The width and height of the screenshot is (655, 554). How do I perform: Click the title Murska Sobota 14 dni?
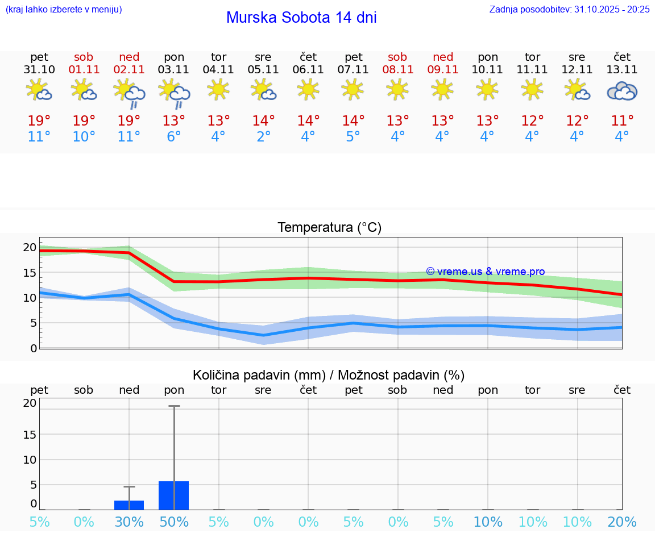[x=301, y=18]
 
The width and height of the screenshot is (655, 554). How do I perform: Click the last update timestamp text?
[x=569, y=10]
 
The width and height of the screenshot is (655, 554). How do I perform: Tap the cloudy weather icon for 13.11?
[x=622, y=91]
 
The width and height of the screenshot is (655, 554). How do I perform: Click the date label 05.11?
[x=263, y=70]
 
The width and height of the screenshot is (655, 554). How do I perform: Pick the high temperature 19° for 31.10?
[x=39, y=121]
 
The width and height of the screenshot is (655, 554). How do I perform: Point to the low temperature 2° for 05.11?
[x=263, y=137]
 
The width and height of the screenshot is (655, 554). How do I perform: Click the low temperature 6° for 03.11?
[x=174, y=137]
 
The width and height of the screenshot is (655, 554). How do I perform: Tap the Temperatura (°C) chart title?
[x=329, y=228]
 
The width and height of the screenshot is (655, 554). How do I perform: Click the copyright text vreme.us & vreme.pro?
[x=486, y=272]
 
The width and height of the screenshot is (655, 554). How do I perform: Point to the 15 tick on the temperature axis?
[x=30, y=272]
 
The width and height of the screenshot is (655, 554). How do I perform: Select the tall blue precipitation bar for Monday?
[x=173, y=495]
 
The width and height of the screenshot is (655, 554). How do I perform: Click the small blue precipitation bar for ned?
[x=129, y=505]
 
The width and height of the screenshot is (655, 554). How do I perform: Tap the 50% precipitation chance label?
[x=174, y=522]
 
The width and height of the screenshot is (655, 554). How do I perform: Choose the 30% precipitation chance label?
[x=129, y=522]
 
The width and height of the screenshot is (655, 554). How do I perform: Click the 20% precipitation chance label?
[x=622, y=522]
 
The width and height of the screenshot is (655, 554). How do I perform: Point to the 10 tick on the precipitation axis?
[x=30, y=460]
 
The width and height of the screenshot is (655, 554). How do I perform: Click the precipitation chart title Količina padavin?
[x=329, y=375]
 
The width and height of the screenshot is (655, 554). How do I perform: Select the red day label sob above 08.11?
[x=397, y=57]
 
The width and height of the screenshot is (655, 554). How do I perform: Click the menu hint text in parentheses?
[x=63, y=10]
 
